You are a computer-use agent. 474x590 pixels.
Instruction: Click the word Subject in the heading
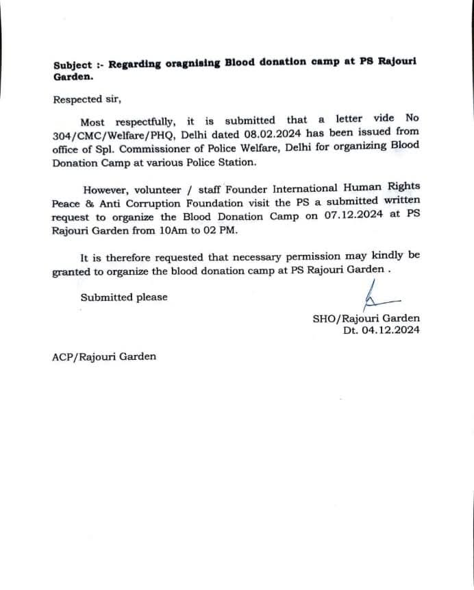pyautogui.click(x=73, y=65)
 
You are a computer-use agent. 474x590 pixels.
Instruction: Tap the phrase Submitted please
pyautogui.click(x=124, y=297)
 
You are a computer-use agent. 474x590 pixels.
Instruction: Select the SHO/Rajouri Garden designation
pyautogui.click(x=366, y=318)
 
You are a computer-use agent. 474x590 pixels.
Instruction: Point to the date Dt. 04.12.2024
pyautogui.click(x=382, y=330)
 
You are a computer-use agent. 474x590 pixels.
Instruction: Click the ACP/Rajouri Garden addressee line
pyautogui.click(x=104, y=356)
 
